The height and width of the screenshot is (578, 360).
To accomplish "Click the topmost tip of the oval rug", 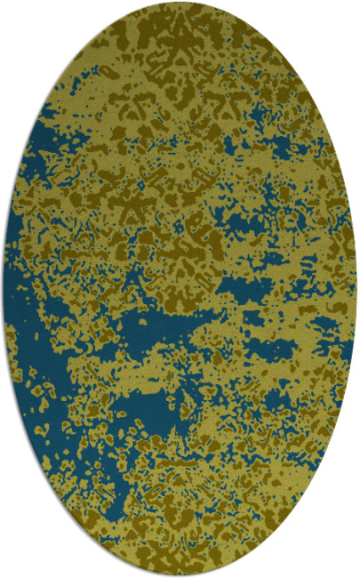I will (x=180, y=3).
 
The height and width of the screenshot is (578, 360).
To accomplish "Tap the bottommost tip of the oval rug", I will (x=180, y=575).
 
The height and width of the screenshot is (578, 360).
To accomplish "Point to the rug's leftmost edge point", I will (x=4, y=289).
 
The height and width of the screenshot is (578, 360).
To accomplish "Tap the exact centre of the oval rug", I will (x=180, y=289).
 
